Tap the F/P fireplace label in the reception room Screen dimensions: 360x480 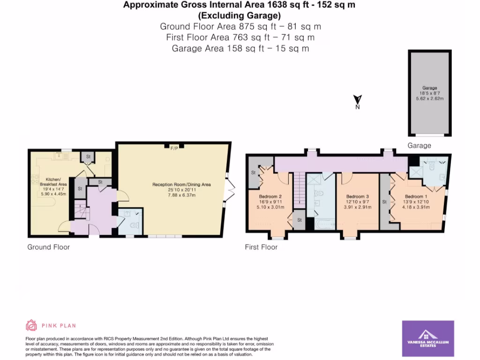173,148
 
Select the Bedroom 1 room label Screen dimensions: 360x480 416,196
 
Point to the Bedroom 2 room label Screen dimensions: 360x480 270,196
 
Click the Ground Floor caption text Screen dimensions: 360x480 48,247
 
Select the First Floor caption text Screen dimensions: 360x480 261,247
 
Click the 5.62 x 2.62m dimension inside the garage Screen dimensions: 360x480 430,99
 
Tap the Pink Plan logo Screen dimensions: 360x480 51,325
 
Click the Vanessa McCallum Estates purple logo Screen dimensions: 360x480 428,338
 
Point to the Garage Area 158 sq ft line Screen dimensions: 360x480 240,48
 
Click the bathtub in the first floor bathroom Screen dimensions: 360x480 322,224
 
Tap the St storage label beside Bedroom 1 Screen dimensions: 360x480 384,202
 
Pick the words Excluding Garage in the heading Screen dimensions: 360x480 240,15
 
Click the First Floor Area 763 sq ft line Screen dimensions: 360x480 240,37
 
